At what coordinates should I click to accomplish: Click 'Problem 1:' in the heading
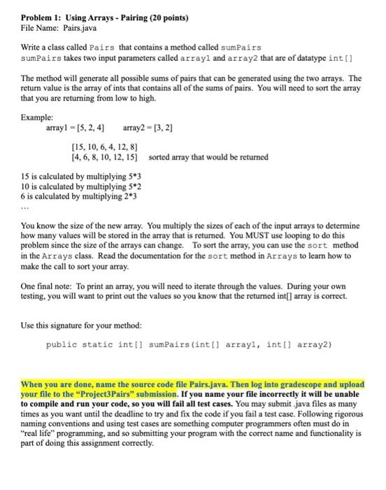(40, 15)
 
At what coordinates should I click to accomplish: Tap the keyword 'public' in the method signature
(60, 345)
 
